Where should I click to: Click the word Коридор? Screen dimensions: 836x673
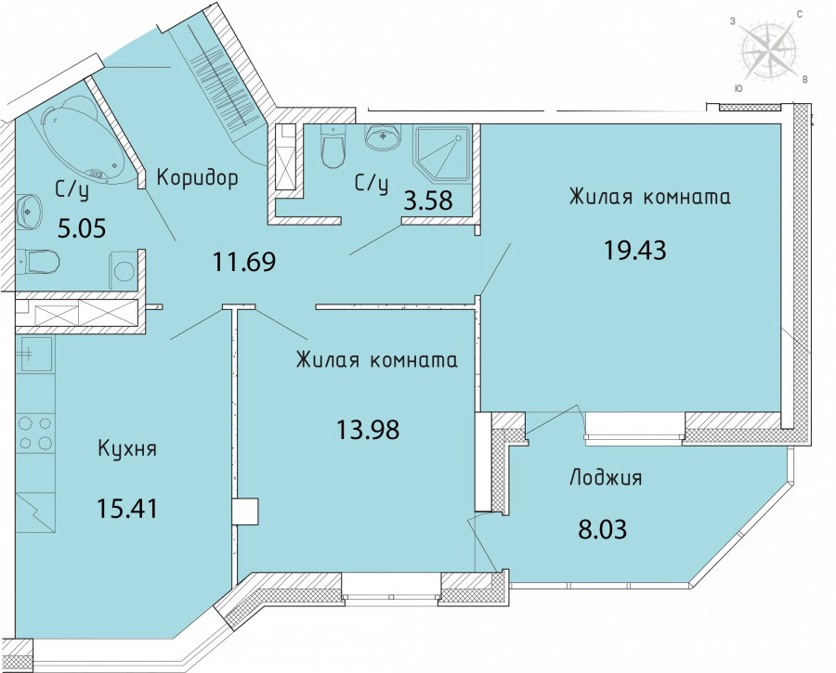click(x=197, y=178)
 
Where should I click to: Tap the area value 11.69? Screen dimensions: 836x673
click(x=244, y=262)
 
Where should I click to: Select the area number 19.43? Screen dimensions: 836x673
click(x=634, y=250)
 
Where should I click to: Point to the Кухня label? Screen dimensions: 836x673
click(x=127, y=449)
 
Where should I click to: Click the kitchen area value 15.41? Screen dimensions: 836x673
click(x=127, y=509)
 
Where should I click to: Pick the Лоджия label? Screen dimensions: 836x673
click(x=606, y=477)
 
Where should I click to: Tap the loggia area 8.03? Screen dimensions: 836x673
click(x=603, y=530)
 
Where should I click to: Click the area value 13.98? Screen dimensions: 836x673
click(x=368, y=430)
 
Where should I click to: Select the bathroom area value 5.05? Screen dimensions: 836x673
click(x=82, y=228)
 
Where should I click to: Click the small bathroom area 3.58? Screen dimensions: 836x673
click(x=428, y=201)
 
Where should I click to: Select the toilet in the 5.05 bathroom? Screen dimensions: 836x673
click(x=38, y=262)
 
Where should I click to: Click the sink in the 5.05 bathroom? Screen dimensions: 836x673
click(x=29, y=212)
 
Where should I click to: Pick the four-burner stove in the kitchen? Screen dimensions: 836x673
click(x=35, y=434)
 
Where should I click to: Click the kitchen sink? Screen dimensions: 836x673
click(x=35, y=354)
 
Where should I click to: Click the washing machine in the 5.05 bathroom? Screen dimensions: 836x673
click(x=124, y=272)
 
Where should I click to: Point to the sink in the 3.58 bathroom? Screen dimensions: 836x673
click(x=383, y=137)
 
